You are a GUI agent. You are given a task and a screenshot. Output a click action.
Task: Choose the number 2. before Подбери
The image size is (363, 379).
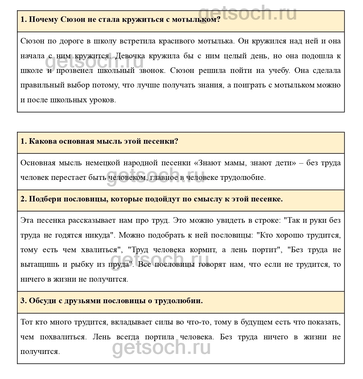(x=24, y=199)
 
